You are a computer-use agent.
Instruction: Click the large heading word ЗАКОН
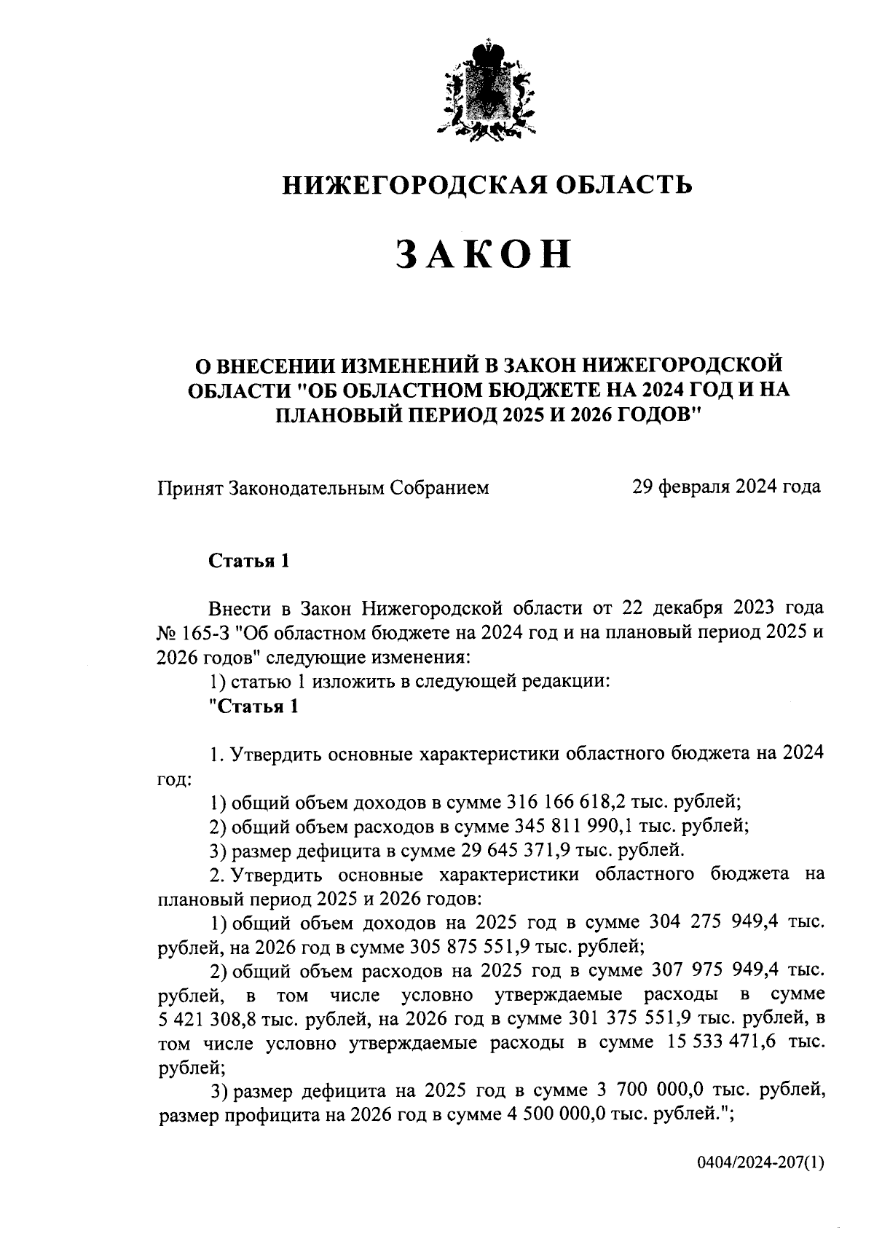[484, 256]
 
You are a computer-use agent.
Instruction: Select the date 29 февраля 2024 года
[726, 487]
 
